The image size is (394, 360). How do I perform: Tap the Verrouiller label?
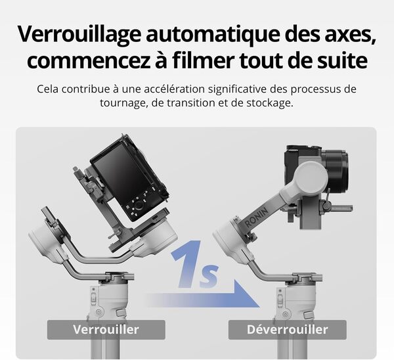(x=106, y=329)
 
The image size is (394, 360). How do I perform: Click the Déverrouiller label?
(x=288, y=329)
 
